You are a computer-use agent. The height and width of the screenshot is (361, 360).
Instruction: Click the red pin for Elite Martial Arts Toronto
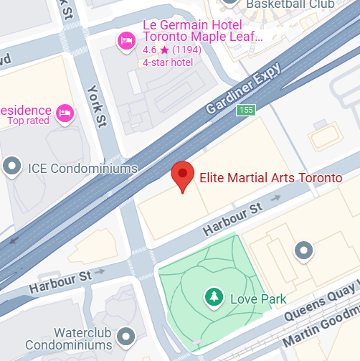click(x=183, y=174)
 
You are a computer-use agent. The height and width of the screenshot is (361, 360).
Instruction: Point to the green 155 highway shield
click(x=247, y=110)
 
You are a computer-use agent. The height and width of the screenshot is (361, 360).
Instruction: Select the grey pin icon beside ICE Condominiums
click(x=12, y=167)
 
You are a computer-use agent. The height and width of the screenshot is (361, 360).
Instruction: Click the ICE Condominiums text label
click(x=82, y=169)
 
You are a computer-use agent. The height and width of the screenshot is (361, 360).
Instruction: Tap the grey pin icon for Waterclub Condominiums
click(x=127, y=335)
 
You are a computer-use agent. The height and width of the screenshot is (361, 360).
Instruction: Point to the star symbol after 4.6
click(x=164, y=50)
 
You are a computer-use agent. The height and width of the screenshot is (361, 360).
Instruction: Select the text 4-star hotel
click(x=168, y=62)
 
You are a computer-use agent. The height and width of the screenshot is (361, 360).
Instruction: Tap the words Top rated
click(x=28, y=121)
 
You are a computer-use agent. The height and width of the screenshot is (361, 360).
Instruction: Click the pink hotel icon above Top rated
click(x=66, y=113)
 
